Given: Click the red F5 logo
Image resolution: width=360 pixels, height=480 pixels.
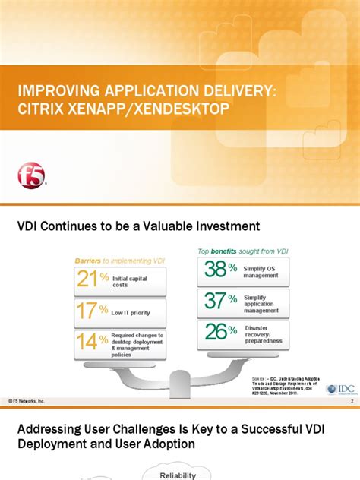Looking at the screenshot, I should coord(31,176).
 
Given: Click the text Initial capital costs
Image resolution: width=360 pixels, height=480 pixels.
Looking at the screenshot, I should coord(130,282).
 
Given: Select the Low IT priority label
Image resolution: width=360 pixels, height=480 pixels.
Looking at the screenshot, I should coord(130,312).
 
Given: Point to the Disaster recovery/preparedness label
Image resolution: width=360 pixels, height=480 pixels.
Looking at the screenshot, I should coord(263,334).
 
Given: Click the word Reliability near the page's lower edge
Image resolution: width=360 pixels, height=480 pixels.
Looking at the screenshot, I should coord(178,475).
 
